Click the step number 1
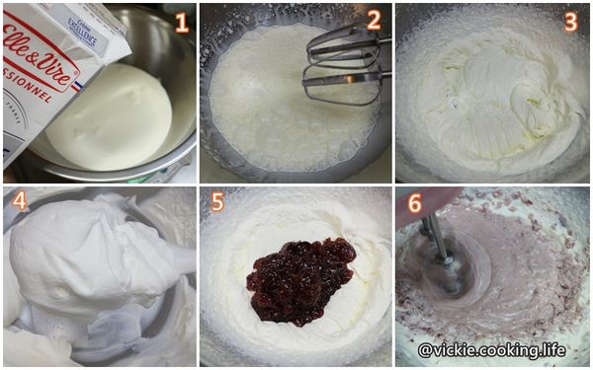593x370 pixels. click(x=181, y=22)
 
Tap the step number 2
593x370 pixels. click(x=372, y=20)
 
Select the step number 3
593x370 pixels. click(x=571, y=22)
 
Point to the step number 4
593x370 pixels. click(x=21, y=203)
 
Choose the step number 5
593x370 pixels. click(x=218, y=203)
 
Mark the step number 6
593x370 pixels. click(x=414, y=203)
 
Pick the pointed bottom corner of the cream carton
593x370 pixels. click(x=12, y=163)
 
